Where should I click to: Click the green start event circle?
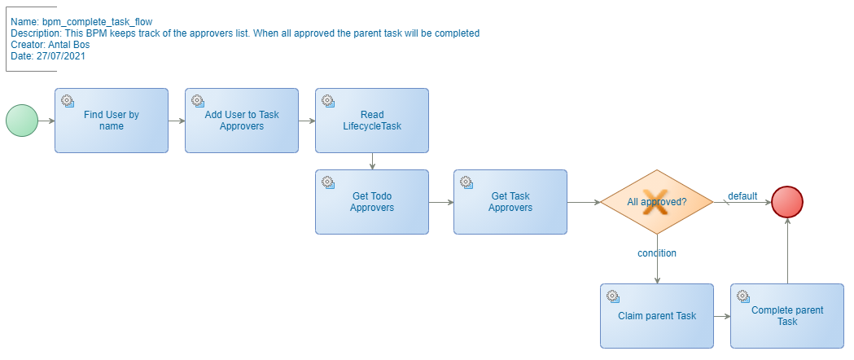(x=22, y=121)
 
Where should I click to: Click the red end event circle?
(x=787, y=202)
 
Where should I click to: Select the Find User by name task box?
(x=112, y=121)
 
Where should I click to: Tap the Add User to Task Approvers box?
(x=242, y=121)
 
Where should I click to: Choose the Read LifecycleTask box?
(x=372, y=121)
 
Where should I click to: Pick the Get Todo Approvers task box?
(x=372, y=202)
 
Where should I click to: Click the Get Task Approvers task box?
(x=510, y=202)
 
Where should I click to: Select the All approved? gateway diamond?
(x=657, y=202)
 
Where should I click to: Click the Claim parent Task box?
(x=657, y=316)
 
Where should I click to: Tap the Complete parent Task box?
(x=787, y=316)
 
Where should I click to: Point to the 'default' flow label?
(x=742, y=195)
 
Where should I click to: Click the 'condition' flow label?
(x=657, y=253)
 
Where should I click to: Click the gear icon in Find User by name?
(x=68, y=101)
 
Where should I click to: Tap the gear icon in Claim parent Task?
(x=613, y=296)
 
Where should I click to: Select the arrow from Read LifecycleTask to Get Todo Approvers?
(x=372, y=161)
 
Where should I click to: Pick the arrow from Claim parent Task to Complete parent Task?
(x=722, y=316)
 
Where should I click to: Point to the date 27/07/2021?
(x=61, y=56)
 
